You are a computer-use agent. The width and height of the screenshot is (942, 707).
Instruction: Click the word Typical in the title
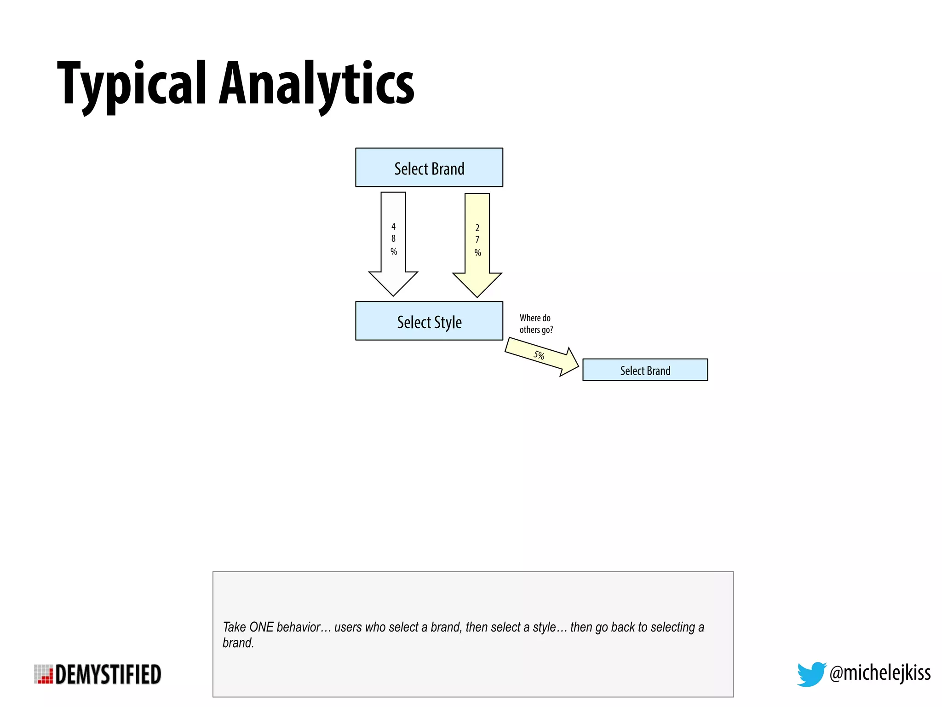[x=131, y=85]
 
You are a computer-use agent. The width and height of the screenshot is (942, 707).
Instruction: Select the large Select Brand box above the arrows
[x=429, y=168]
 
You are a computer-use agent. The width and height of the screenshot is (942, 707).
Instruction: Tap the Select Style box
[x=429, y=321]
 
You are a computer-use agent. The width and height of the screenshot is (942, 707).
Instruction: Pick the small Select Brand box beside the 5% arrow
[x=644, y=370]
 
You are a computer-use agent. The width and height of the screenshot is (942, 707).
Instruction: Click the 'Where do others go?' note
[x=536, y=324]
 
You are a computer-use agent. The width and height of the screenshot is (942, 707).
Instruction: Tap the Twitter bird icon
[x=810, y=674]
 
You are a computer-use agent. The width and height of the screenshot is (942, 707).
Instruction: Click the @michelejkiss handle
[x=879, y=673]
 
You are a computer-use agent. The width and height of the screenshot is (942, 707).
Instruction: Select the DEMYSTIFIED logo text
[x=108, y=675]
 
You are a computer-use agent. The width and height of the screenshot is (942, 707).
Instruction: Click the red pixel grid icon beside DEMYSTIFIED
[x=44, y=674]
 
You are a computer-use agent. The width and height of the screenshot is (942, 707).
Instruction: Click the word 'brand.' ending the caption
[x=238, y=643]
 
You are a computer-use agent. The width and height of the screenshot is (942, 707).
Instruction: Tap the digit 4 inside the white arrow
[x=393, y=226]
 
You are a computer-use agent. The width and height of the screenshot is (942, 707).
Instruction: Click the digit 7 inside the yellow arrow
[x=477, y=240]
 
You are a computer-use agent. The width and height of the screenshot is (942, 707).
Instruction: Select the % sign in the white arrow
[x=394, y=251]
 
